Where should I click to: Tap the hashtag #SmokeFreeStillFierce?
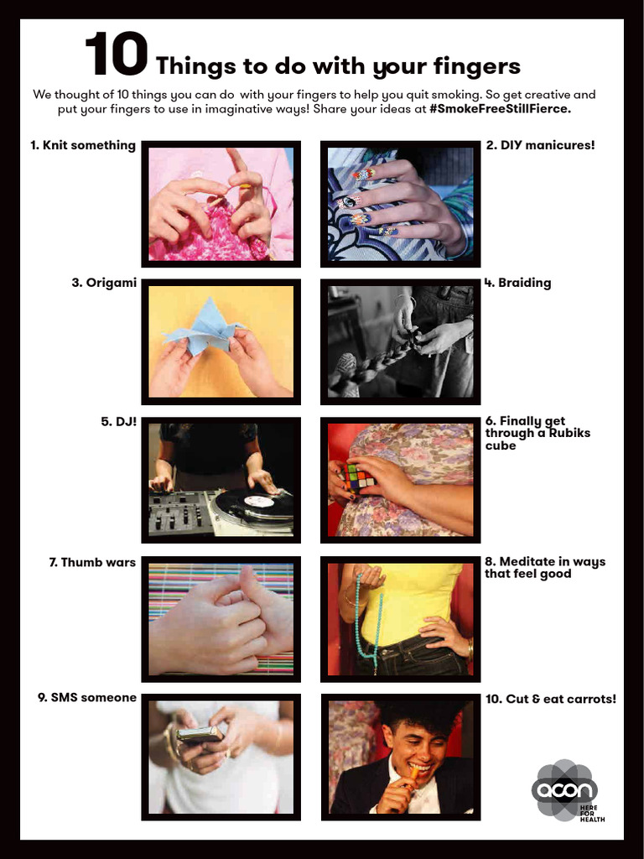point(500,109)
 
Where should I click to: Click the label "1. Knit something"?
point(83,145)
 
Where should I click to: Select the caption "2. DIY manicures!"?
point(540,145)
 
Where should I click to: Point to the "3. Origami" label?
point(104,283)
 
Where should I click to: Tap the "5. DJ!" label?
point(118,421)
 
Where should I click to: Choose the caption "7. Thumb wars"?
point(92,562)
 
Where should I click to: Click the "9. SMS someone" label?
point(87,697)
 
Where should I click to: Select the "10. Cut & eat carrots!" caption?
point(551,698)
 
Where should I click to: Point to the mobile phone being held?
point(198,736)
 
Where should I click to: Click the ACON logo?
point(565,789)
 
